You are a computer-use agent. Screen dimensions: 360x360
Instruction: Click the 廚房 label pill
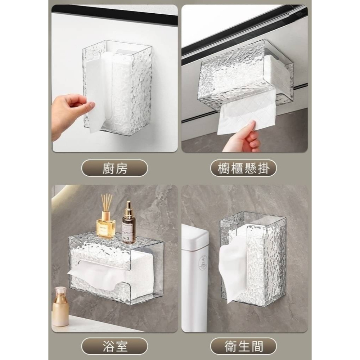click(x=114, y=168)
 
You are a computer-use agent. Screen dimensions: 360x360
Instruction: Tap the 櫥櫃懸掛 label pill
click(x=243, y=168)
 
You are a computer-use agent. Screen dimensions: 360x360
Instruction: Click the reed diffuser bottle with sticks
click(x=106, y=218)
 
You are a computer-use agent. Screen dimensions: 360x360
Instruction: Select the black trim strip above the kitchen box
click(x=114, y=14)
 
